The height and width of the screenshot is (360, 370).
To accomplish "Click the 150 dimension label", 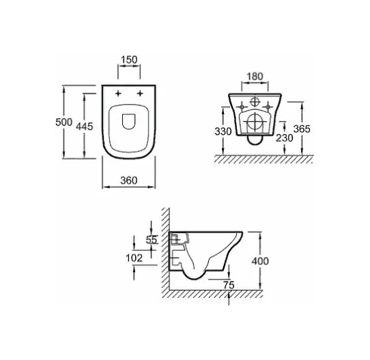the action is (129, 59).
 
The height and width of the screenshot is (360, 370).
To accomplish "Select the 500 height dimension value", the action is (63, 122).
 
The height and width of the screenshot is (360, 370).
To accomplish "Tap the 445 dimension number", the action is (85, 127).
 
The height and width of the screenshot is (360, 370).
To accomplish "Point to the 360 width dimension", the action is (129, 181).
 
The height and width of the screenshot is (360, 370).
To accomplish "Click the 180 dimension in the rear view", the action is (255, 76).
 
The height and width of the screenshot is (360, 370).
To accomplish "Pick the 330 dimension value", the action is (223, 132).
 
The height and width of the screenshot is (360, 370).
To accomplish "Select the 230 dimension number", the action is (285, 138).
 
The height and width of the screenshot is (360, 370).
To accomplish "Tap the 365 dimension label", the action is (302, 129).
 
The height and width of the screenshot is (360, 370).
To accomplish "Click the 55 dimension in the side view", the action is (152, 240).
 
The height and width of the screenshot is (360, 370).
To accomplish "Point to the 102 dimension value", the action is (134, 258).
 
